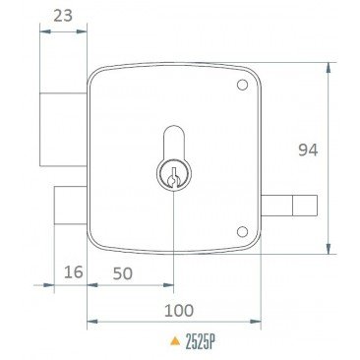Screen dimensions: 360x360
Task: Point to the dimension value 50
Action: pos(125,272)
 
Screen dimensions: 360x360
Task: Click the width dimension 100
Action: pos(177,310)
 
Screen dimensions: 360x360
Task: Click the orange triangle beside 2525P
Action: pos(175,344)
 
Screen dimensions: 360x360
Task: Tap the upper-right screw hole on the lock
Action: pos(241,87)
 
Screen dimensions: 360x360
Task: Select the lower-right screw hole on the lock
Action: pos(241,232)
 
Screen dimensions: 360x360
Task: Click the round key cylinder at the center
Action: pos(173,176)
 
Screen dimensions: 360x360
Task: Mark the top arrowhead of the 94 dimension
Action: pos(330,67)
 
